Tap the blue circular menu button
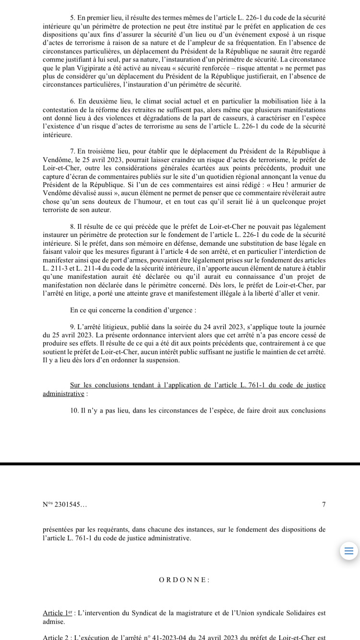(348, 551)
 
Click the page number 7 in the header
(324, 505)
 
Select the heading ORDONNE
(184, 580)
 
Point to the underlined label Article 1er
(57, 613)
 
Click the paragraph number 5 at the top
(72, 17)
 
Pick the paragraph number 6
(72, 101)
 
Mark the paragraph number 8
(72, 226)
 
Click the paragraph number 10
(74, 410)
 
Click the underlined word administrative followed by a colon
(63, 393)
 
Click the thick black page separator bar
(180, 464)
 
